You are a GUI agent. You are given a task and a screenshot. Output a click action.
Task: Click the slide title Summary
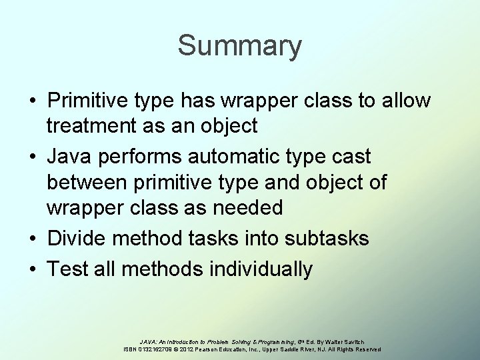(239, 47)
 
